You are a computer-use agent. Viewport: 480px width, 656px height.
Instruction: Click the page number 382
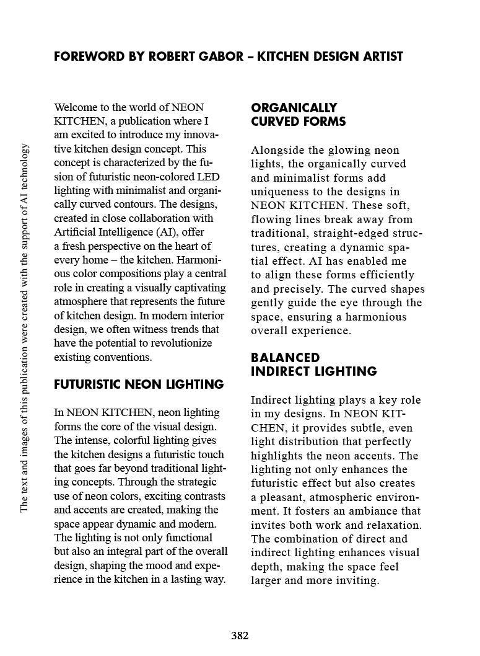240,636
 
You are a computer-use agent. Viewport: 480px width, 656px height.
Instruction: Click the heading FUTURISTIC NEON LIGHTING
139,384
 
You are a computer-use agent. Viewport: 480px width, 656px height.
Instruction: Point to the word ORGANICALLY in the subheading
294,108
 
